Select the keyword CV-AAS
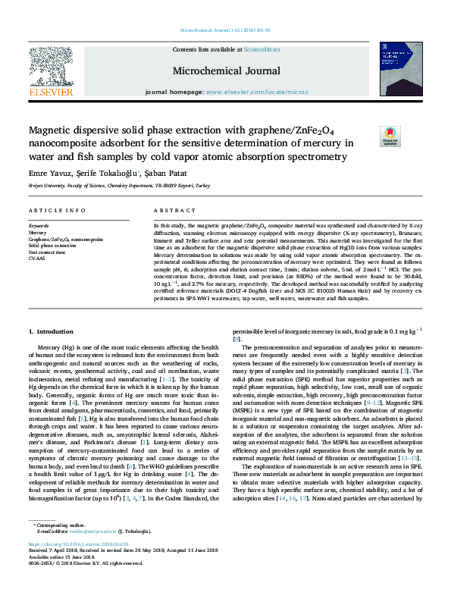pyautogui.click(x=37, y=258)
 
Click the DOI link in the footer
pyautogui.click(x=79, y=565)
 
